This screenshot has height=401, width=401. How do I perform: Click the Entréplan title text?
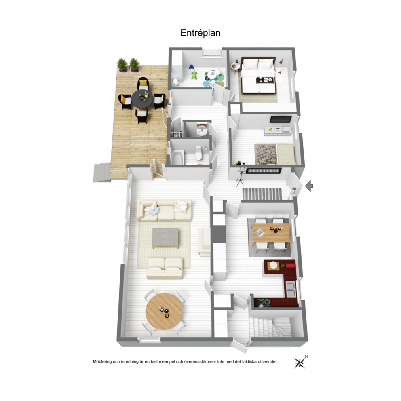coord(200,33)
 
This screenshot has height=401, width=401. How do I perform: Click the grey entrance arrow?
coord(309,186)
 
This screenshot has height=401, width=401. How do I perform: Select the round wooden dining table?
coord(164,312)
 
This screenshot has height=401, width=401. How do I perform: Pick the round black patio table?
coord(142,99)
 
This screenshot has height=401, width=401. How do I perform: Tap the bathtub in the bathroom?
coord(177,158)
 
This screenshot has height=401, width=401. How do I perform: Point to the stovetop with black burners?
coord(264,303)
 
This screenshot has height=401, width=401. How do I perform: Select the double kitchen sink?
coord(291,289)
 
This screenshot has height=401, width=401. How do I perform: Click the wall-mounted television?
coord(281,119)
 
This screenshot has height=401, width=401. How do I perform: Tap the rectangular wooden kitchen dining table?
coord(271,232)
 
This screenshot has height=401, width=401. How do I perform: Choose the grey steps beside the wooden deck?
coord(102,173)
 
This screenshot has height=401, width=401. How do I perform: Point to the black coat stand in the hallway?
coord(241,177)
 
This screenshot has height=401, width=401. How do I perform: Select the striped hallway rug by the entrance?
coord(262,194)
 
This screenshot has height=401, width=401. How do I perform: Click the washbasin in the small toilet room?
coord(202,131)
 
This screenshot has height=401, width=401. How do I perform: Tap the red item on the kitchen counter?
coord(290,266)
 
